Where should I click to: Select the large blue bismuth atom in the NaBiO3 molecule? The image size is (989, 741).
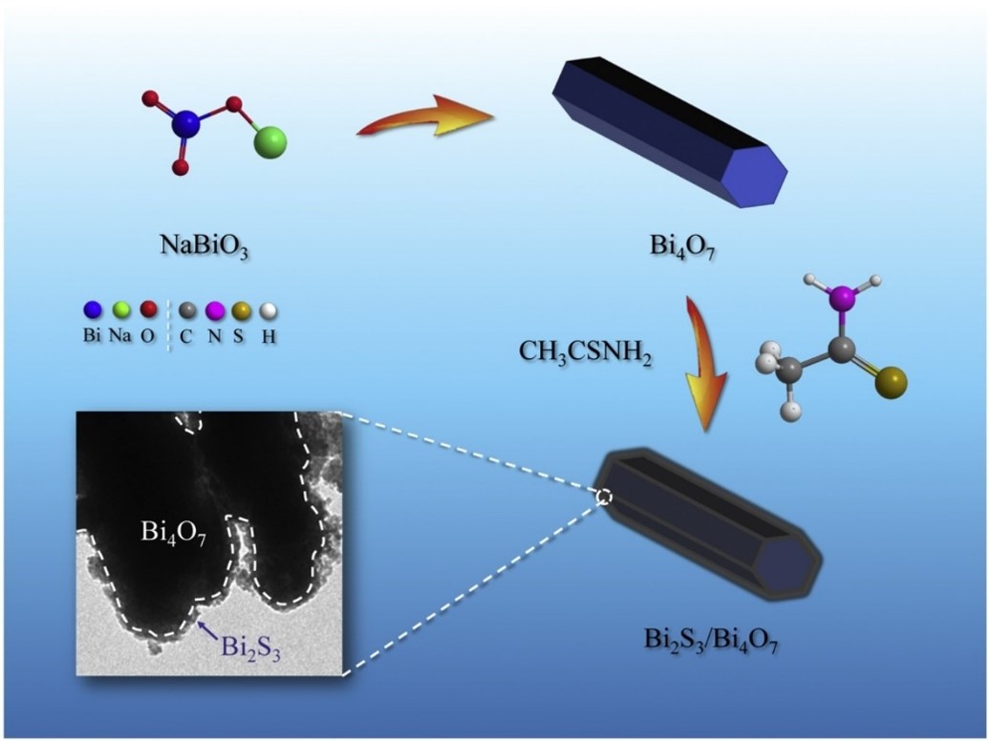click(187, 122)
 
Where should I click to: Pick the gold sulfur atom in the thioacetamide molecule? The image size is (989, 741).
click(892, 386)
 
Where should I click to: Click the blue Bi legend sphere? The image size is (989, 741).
click(92, 310)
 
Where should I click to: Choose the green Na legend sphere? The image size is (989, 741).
click(121, 310)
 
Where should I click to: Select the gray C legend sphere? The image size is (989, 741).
click(187, 310)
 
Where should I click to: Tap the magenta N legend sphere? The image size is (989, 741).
click(215, 310)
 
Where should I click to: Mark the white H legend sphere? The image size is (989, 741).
click(269, 310)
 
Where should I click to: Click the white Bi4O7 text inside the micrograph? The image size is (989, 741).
click(173, 533)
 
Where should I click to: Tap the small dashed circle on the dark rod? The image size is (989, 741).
click(603, 496)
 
